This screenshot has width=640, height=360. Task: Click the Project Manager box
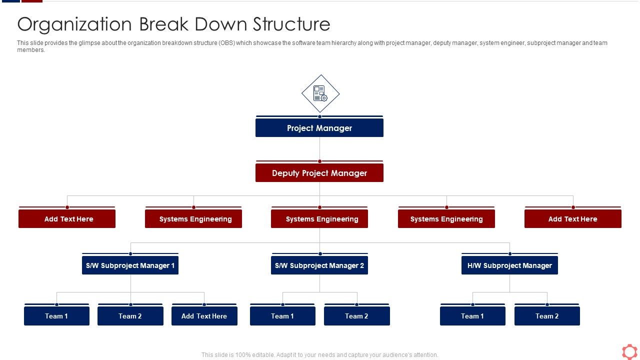click(x=319, y=128)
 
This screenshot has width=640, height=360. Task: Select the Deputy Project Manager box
click(x=319, y=173)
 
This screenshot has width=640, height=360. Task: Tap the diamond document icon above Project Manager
click(x=320, y=93)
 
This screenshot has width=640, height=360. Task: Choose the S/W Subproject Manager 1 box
click(x=130, y=265)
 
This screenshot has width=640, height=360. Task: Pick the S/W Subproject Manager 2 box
click(x=319, y=265)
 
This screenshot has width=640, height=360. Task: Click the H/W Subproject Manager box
click(x=509, y=265)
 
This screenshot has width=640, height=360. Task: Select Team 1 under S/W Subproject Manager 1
click(x=56, y=316)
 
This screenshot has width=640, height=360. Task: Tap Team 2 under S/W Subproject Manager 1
click(x=130, y=316)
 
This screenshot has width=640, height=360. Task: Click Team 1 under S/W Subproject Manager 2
click(x=282, y=316)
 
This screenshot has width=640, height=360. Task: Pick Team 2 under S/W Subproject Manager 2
click(x=356, y=316)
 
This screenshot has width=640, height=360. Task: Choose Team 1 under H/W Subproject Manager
click(x=472, y=316)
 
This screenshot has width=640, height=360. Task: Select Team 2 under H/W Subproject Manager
click(x=547, y=316)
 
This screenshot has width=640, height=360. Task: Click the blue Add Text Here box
click(x=204, y=316)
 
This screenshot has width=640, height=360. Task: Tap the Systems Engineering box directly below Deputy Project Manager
click(x=319, y=219)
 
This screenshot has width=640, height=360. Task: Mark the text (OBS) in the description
click(x=225, y=43)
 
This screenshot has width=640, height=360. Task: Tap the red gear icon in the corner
click(x=629, y=351)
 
